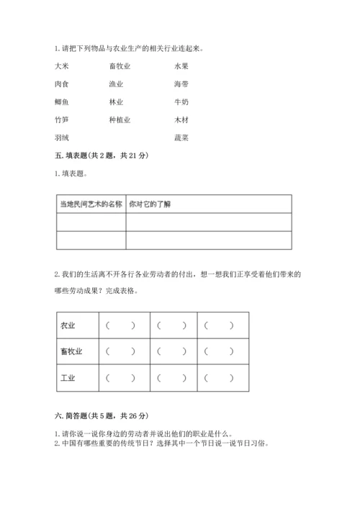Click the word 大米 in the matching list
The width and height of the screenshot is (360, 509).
pos(62,66)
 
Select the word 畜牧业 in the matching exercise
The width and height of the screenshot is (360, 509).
pos(120,66)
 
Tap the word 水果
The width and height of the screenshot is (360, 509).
pos(181,66)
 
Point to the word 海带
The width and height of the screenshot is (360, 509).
pos(181,84)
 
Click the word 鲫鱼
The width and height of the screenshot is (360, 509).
pos(62,102)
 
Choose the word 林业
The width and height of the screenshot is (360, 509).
pos(116,102)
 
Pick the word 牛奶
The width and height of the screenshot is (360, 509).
pos(181,102)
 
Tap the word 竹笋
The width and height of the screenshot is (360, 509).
pos(62,120)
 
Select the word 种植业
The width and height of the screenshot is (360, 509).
pos(120,120)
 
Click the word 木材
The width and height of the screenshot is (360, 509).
pos(181,120)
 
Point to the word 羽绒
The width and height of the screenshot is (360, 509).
pos(62,138)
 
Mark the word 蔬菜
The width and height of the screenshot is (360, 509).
pos(181,138)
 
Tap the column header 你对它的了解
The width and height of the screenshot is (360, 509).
pos(150,204)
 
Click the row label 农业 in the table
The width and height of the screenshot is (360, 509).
pos(69,325)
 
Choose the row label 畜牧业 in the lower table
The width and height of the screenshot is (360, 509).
pos(73,351)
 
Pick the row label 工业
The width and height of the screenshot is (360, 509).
pos(69,377)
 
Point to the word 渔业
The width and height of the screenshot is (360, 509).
pos(116,84)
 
